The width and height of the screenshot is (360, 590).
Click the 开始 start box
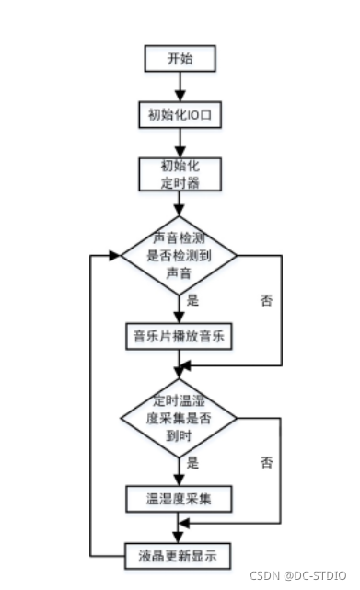click(180, 59)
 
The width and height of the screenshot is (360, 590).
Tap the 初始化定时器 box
click(180, 174)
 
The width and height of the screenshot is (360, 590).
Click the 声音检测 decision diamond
click(180, 256)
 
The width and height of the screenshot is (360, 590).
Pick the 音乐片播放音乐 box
click(180, 336)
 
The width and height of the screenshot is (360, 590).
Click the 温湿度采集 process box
click(180, 499)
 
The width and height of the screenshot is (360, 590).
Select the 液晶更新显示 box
click(180, 555)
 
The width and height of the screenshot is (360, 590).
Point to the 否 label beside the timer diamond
click(267, 461)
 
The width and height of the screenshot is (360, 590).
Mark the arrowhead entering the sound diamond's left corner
click(115, 256)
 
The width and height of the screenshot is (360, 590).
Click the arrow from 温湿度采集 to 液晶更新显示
click(180, 528)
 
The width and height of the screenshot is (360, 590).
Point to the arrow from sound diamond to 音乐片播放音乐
click(180, 308)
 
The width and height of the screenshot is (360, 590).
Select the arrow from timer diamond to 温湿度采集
click(180, 470)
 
